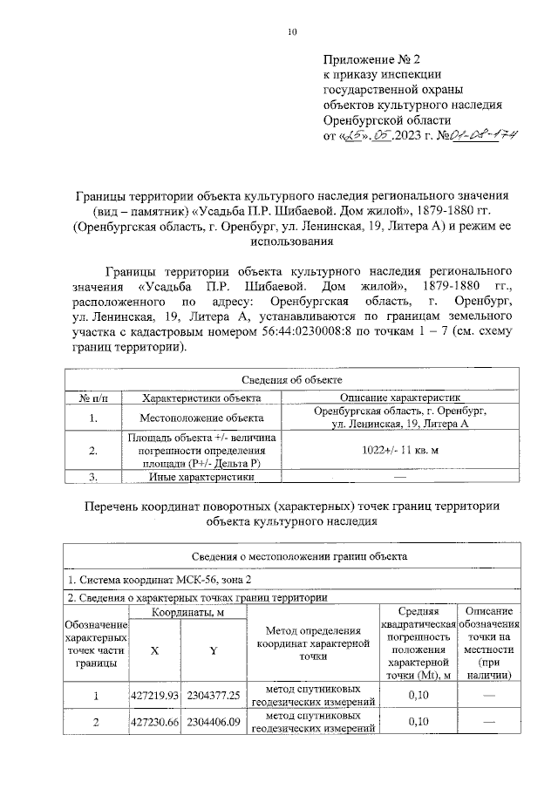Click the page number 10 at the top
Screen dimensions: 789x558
[x=292, y=32]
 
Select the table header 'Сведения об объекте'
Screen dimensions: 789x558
[x=292, y=380]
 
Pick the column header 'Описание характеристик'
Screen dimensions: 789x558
[x=400, y=397]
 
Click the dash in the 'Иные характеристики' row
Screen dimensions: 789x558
[x=400, y=477]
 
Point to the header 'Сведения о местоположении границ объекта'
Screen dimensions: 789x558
[x=292, y=555]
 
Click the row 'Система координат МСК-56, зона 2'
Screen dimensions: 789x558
[x=154, y=579]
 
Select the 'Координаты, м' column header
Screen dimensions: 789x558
[x=184, y=613]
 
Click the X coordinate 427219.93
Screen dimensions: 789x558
[x=153, y=695]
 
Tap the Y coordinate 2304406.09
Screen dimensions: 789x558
[x=213, y=723]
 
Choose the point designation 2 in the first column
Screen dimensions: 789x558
[x=96, y=723]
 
